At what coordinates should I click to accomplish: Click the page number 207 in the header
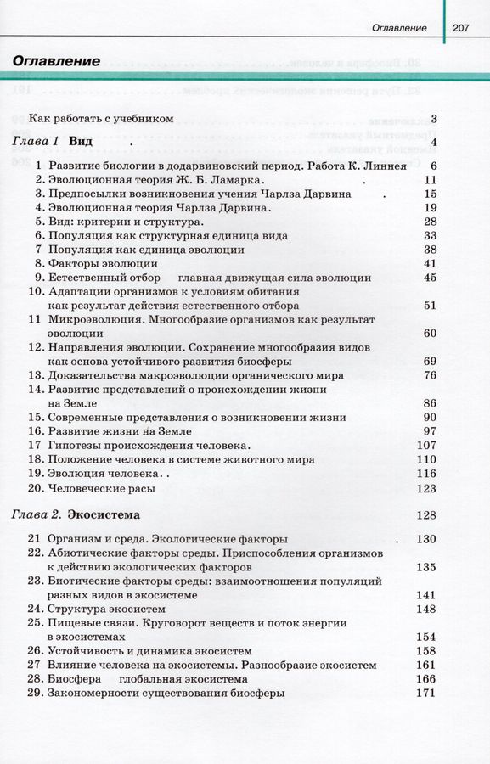(x=461, y=28)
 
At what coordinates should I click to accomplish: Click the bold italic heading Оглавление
(x=57, y=61)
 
